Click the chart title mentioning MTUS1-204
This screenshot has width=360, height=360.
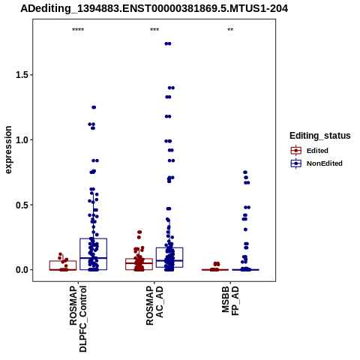click(154, 9)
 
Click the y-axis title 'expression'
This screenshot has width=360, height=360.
click(8, 150)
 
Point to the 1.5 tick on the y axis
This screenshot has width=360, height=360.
click(22, 75)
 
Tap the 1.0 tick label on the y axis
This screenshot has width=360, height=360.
click(22, 139)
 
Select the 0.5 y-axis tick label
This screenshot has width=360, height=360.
click(22, 205)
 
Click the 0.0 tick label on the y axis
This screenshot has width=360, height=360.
click(22, 270)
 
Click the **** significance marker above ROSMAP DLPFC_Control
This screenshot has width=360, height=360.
click(78, 30)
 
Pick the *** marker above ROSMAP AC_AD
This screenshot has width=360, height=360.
click(154, 30)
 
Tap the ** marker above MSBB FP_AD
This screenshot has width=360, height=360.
click(230, 30)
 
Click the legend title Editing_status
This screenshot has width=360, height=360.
click(320, 136)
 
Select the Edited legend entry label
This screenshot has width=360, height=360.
click(317, 151)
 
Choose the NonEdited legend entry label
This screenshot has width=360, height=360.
click(325, 163)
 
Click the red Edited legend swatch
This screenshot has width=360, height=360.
click(296, 151)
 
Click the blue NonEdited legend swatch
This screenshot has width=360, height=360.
click(296, 163)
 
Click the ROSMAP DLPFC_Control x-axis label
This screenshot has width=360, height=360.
click(78, 319)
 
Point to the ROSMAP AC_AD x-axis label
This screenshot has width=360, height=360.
click(154, 306)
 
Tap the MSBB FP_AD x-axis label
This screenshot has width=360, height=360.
click(230, 301)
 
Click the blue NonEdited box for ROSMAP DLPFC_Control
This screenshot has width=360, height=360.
click(94, 238)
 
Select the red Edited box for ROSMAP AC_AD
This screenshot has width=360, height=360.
click(139, 259)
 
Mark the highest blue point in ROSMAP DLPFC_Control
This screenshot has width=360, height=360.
click(94, 107)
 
